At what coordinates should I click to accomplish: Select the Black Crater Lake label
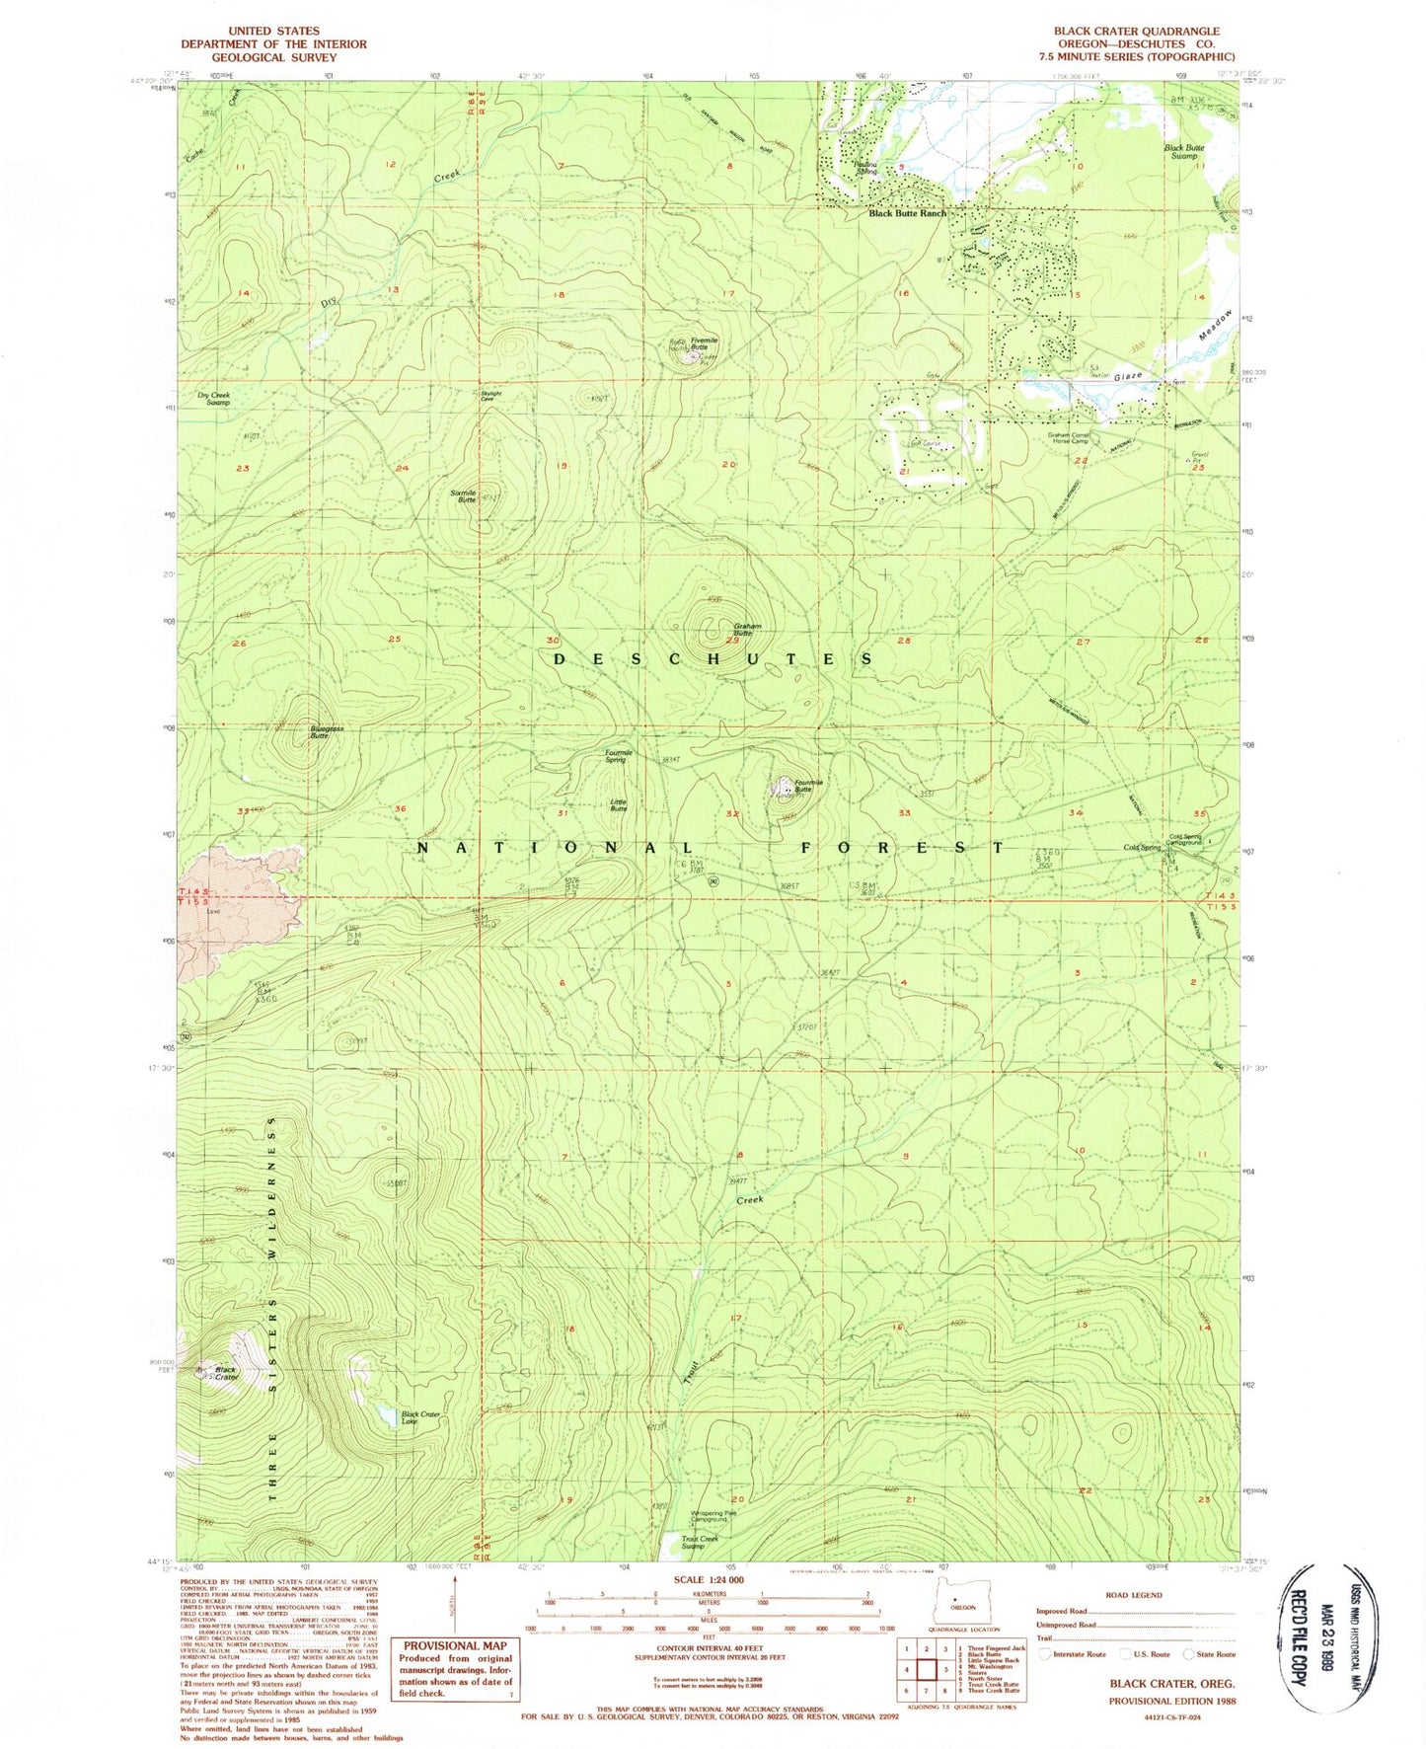coord(419,1418)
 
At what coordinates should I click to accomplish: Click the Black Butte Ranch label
coord(906,213)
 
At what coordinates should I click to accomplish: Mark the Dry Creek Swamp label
coord(213,399)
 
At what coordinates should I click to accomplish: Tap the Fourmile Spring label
coord(618,756)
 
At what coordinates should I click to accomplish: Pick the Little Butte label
coord(618,805)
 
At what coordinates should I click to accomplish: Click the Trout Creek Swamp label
coord(701,1542)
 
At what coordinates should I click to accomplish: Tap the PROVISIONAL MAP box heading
coord(454,1645)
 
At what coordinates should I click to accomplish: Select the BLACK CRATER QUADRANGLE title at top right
coord(1136,32)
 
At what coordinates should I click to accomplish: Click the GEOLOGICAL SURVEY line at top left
coord(272,57)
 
